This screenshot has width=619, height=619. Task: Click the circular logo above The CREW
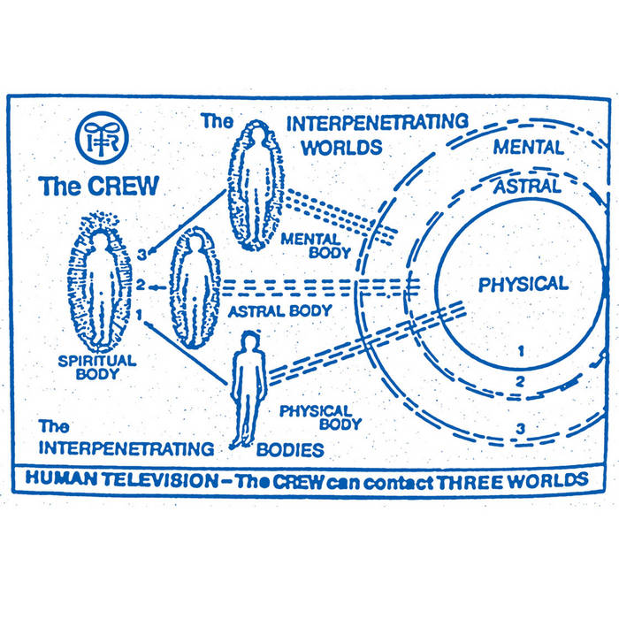pyautogui.click(x=102, y=138)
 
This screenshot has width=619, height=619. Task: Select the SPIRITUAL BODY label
pyautogui.click(x=96, y=367)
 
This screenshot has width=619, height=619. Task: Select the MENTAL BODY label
pyautogui.click(x=315, y=245)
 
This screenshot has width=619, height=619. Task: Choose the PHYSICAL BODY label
pyautogui.click(x=315, y=418)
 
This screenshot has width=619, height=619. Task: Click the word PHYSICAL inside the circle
pyautogui.click(x=523, y=284)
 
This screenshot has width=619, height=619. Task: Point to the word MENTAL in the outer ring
pyautogui.click(x=529, y=148)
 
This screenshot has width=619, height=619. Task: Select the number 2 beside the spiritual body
pyautogui.click(x=140, y=285)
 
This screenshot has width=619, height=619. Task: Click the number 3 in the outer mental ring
pyautogui.click(x=522, y=430)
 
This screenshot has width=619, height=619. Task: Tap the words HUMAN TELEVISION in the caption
pyautogui.click(x=115, y=479)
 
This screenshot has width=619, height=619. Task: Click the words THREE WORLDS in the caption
pyautogui.click(x=510, y=479)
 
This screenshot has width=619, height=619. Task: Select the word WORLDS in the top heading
pyautogui.click(x=341, y=146)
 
